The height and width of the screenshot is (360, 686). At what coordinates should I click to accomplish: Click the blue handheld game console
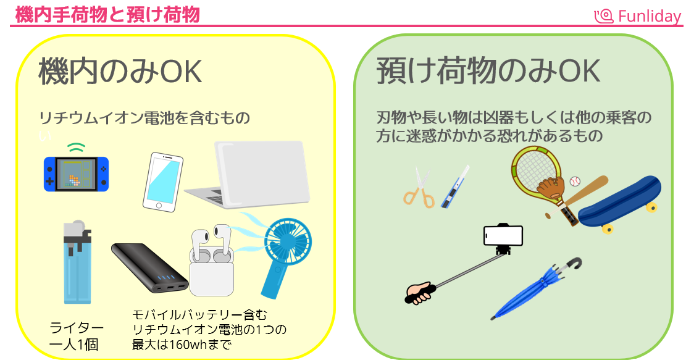coord(76,173)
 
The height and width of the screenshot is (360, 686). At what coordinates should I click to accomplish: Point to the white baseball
coord(575,182)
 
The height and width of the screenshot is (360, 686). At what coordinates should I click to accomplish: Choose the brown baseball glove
coord(551,187)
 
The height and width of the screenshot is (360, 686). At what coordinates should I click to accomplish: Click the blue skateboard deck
coord(619,201)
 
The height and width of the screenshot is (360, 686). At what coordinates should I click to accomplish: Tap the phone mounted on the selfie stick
coord(503,235)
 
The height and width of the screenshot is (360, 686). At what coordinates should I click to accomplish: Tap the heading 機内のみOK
coord(120,72)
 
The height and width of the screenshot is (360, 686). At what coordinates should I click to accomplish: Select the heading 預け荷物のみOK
coord(488,72)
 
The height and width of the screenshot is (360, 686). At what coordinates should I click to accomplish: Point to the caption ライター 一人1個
coord(77,335)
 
